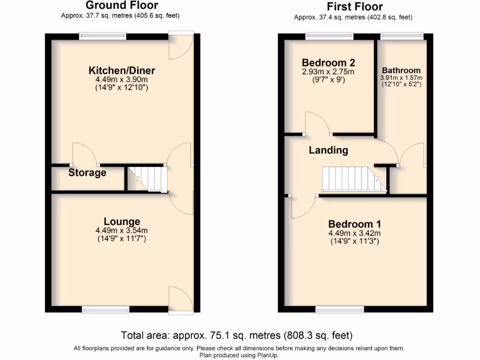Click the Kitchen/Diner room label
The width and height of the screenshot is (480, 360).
pos(122,71)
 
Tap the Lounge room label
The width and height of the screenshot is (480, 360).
pos(122,221)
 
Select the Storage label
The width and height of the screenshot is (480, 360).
pos(87,172)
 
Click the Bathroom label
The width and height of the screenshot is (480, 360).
pos(401,71)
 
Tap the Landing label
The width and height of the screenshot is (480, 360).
pos(328,150)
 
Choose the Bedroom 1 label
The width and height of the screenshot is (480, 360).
pos(354,224)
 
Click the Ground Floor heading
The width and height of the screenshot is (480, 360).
pos(121,6)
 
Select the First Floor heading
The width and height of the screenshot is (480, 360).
pos(354,7)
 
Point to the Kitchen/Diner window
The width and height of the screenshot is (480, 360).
pos(103,36)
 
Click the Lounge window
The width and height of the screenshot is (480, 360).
pos(105,308)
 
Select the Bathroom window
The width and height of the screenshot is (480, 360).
pos(402,36)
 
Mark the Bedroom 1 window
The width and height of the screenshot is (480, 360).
pos(340,308)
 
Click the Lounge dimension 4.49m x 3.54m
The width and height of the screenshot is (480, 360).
pos(121,231)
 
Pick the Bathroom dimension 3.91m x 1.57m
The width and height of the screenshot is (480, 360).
pos(401,78)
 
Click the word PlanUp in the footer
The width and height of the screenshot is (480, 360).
pos(272,355)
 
